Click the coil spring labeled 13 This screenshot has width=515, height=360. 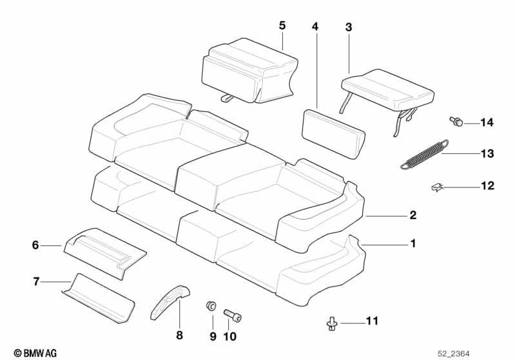coord(424,154)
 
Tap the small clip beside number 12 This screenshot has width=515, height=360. coord(437,187)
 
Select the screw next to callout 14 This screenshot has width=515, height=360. coord(456,122)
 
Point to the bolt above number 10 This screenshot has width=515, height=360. coord(233,316)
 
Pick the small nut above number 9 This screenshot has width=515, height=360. coord(211,305)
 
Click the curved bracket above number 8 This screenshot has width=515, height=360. coord(171,301)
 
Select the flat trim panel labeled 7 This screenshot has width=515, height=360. coord(99,298)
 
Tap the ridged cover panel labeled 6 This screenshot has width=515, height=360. coord(105,252)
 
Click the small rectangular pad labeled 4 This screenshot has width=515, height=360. coord(333,134)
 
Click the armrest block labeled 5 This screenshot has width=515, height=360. coord(249,71)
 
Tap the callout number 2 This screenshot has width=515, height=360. coord(413,215)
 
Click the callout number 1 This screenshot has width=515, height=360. coord(413,243)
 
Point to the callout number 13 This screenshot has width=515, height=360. coord(487,153)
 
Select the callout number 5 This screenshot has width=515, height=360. coord(282,26)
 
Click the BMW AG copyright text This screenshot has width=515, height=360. coord(35,353)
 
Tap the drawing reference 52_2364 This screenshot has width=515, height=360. coord(454,354)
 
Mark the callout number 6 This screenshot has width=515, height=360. coord(35,245)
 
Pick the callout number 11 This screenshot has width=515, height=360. coord(372,321)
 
